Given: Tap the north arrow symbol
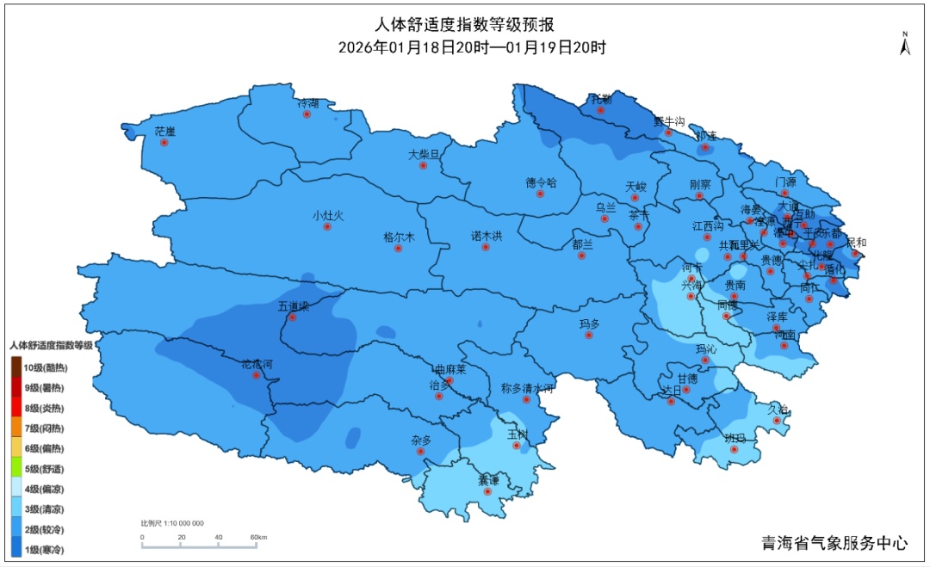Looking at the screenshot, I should coord(905,45).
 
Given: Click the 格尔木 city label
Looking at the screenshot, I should coord(399,237).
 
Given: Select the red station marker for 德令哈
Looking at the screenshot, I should coord(541,194).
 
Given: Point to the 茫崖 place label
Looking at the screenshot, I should coord(164,132).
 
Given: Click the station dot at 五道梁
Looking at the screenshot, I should coord(292,317).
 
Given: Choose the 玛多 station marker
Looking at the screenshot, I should coord(589,336).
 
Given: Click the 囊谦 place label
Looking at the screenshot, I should coord(488,481).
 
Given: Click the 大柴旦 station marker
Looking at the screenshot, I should coord(423,165).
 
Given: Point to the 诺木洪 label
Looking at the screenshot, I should coord(486,235).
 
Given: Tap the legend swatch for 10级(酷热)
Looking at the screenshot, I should coord(16,367).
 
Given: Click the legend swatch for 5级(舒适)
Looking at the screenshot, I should coord(16,469).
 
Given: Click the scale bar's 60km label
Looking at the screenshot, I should coord(257,538).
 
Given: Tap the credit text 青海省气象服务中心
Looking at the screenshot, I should coord(834,543).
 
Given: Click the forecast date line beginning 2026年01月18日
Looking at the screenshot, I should coord(472,48).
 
